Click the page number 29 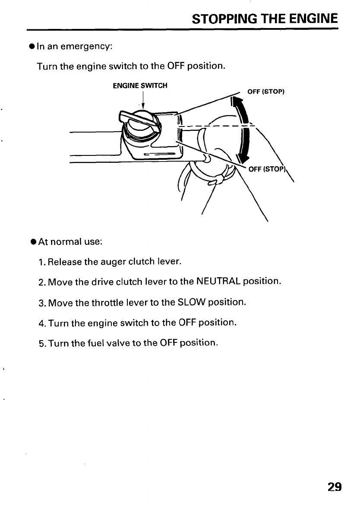[x=334, y=487]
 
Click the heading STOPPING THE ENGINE [x=264, y=19]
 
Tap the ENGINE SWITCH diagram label [x=140, y=86]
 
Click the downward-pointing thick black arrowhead [x=238, y=158]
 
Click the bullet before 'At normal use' [x=32, y=242]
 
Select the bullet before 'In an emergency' [x=32, y=46]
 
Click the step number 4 [x=41, y=323]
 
